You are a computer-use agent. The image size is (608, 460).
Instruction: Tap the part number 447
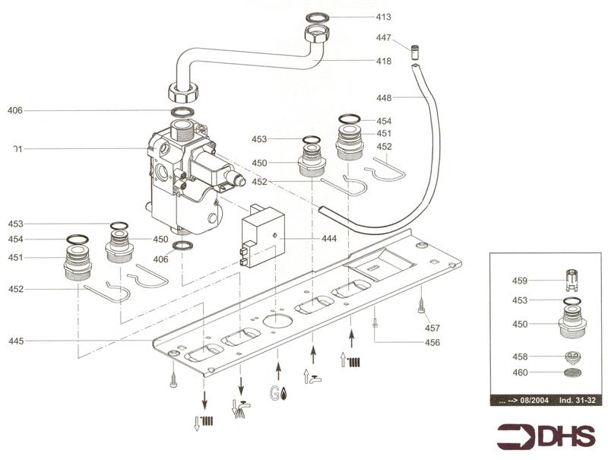[384, 37]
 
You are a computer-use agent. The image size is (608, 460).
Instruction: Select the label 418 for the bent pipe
[383, 62]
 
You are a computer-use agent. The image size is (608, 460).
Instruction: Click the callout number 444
[329, 239]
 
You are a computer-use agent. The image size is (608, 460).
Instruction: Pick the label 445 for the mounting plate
[16, 341]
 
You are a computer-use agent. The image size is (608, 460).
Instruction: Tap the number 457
[432, 328]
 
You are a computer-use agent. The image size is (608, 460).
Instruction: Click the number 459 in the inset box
[519, 281]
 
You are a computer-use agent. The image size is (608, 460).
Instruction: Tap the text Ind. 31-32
[575, 401]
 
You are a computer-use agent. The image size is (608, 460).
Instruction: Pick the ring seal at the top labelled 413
[315, 17]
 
